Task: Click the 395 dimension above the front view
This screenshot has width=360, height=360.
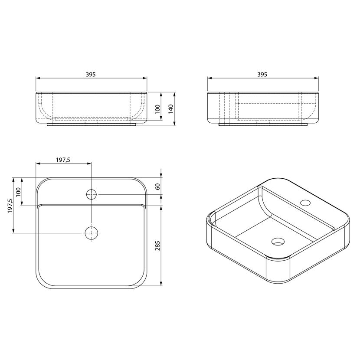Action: click(x=91, y=75)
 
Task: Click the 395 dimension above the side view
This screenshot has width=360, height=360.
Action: click(x=262, y=75)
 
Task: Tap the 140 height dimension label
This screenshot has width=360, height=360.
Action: click(x=170, y=109)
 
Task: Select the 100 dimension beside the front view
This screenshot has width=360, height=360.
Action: click(x=157, y=109)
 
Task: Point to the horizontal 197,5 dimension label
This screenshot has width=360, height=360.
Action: click(x=63, y=160)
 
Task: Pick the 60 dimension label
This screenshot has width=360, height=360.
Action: click(x=158, y=187)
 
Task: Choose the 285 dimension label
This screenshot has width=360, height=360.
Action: click(x=158, y=245)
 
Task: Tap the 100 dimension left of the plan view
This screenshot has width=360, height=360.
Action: click(x=18, y=192)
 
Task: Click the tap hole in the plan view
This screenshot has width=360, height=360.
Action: click(x=92, y=194)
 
